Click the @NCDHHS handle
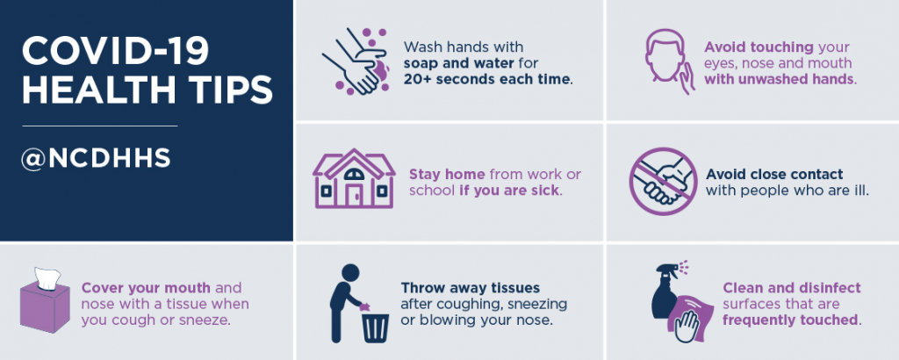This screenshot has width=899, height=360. pos(96,159)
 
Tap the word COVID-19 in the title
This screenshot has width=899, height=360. pos(115,52)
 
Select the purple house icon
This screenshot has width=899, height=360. pos(354,178)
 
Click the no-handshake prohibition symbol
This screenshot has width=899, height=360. pos(664,181)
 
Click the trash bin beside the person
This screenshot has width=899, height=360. pos(375,327)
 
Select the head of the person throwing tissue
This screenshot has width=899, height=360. pos(349,272)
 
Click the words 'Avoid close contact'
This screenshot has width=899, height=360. pos(774,174)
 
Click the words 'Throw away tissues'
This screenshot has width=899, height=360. pos(471,288)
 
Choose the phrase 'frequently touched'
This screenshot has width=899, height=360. pos(790,320)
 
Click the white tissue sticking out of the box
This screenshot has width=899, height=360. pos(47,278)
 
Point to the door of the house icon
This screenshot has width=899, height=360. pos(353,196)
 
